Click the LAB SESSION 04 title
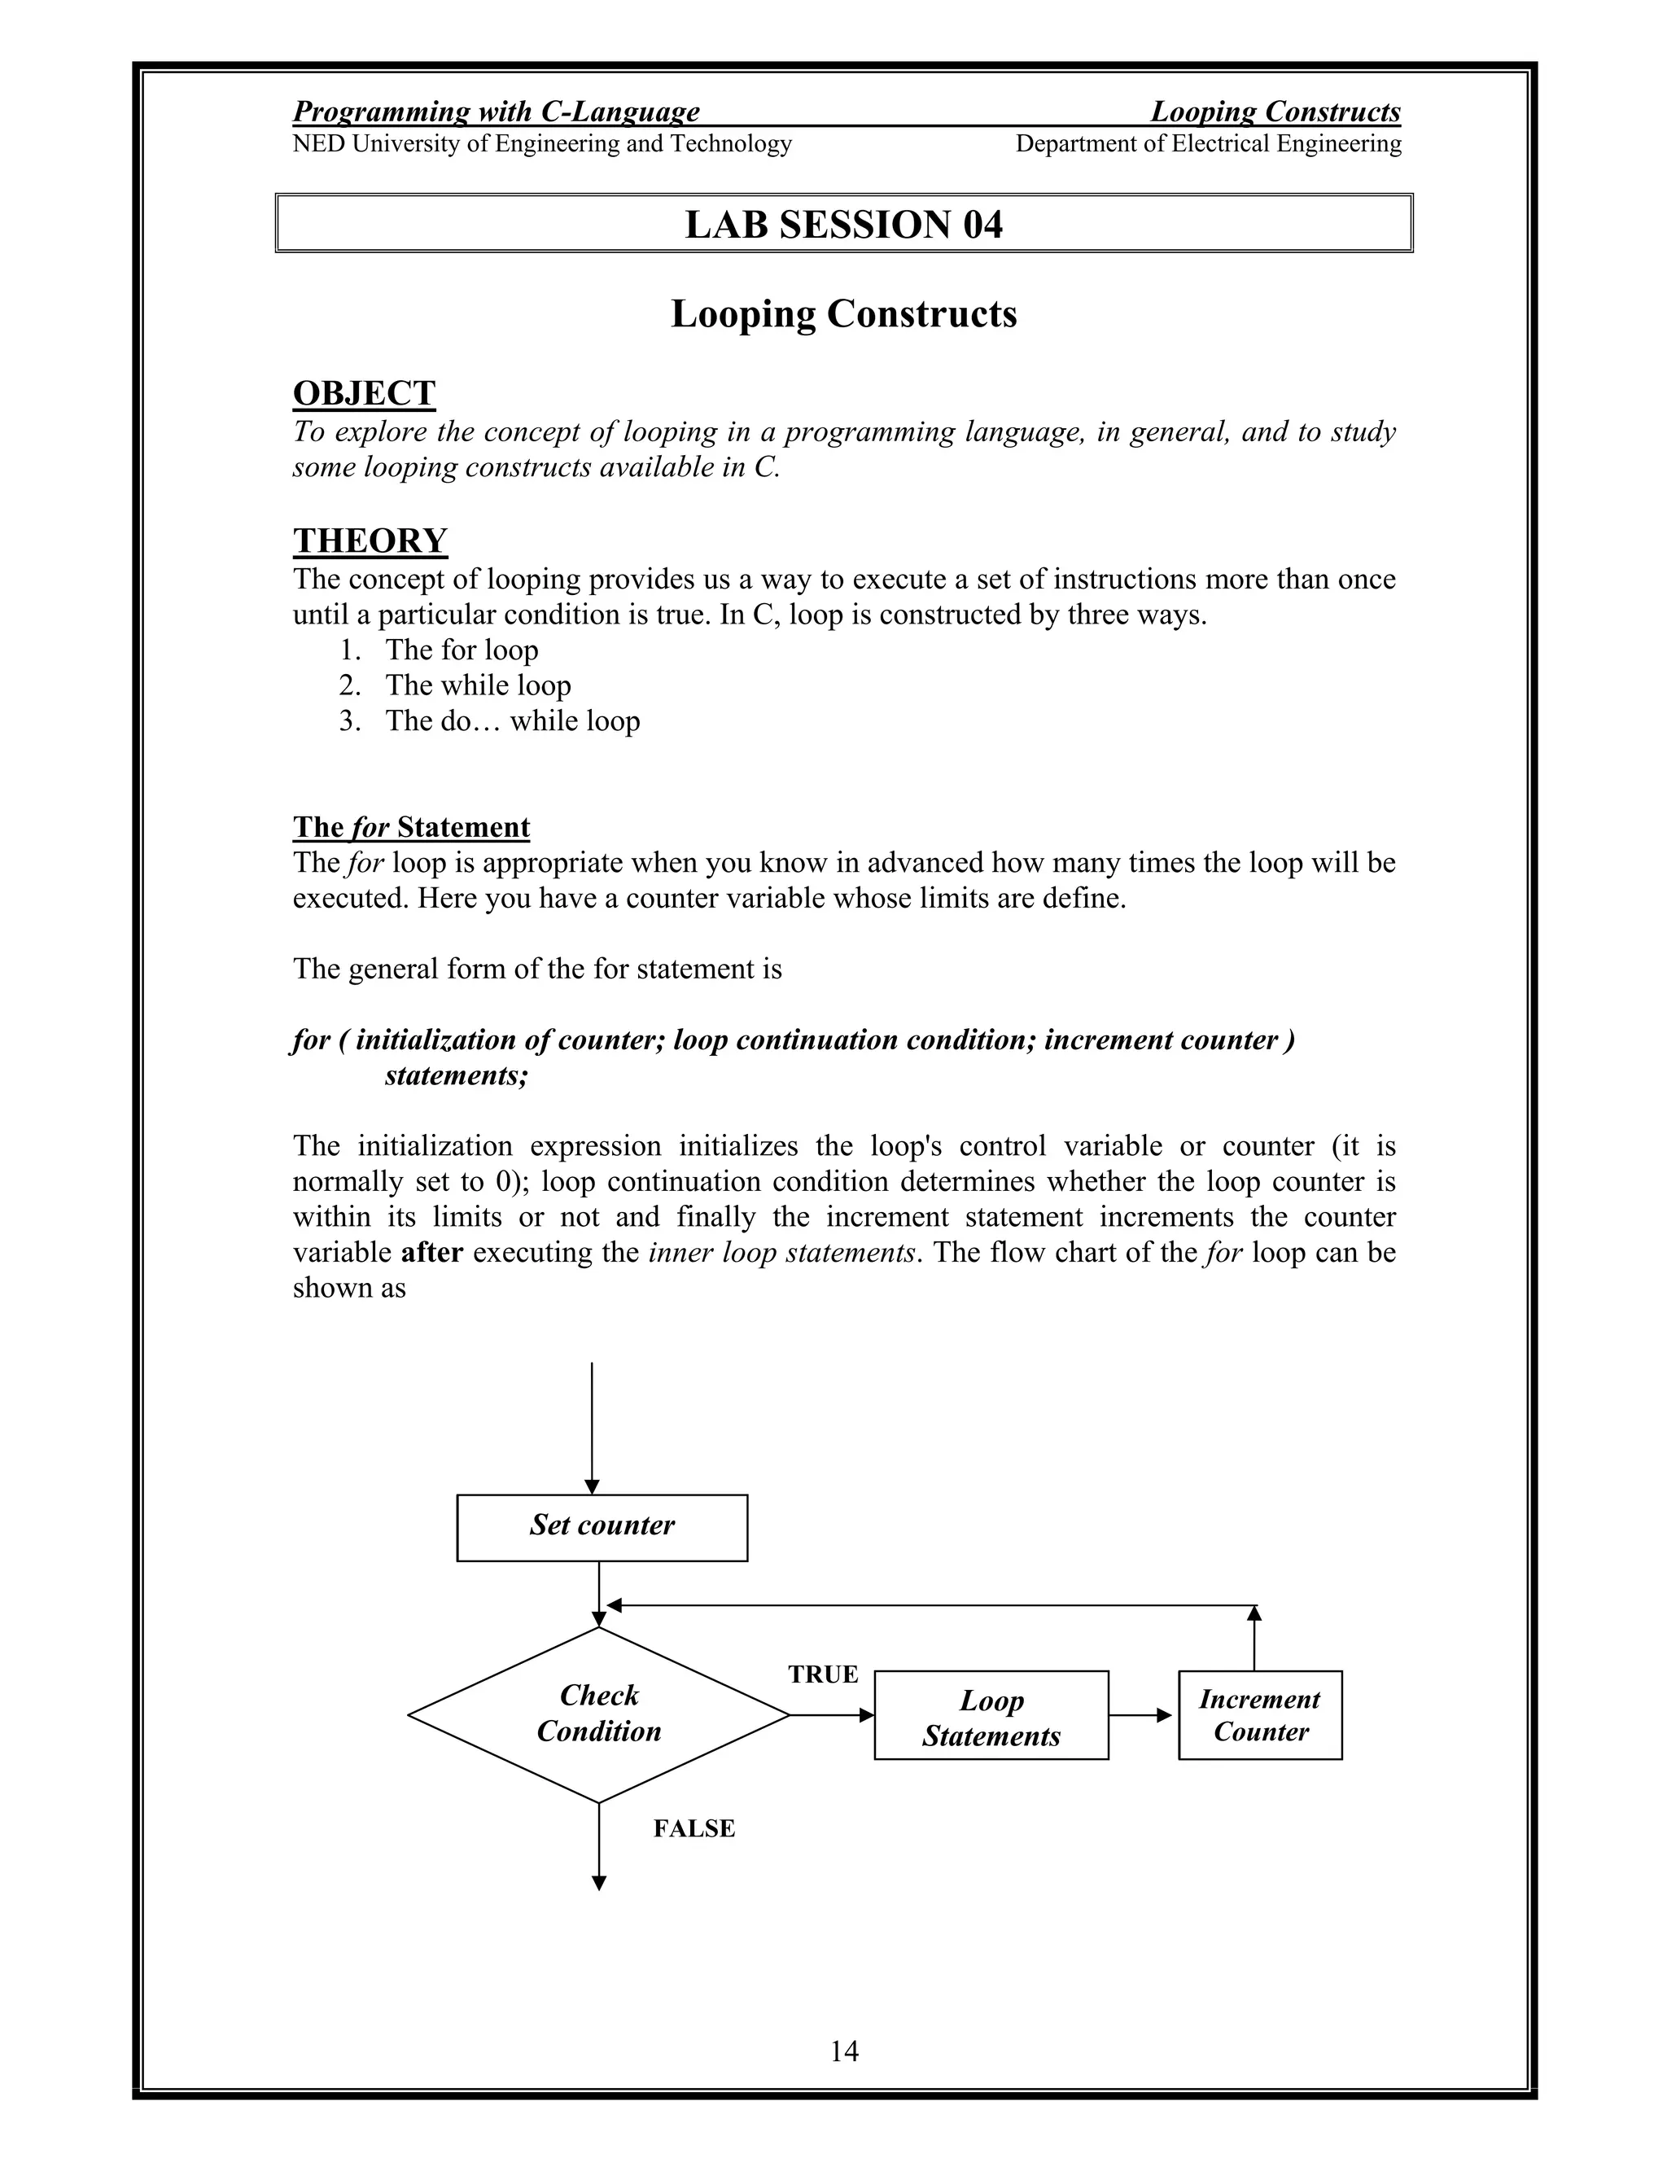coord(843,225)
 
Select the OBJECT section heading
coord(364,393)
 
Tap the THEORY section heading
coord(370,541)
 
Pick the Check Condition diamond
coord(599,1714)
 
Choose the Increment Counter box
coord(1259,1715)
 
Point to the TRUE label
coord(822,1674)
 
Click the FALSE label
coord(693,1828)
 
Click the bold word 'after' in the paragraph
coord(432,1252)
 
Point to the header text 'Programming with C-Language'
coord(496,112)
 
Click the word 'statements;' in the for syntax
coord(457,1075)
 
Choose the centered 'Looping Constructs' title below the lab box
coord(843,314)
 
